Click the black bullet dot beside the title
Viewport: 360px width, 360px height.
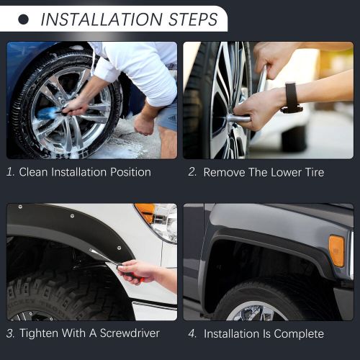click(x=23, y=19)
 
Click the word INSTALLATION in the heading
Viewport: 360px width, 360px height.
click(x=102, y=19)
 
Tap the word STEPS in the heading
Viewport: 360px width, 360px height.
click(x=193, y=19)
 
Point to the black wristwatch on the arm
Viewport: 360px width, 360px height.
click(x=292, y=97)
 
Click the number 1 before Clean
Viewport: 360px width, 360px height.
click(x=10, y=172)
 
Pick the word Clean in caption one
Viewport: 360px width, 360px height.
click(x=33, y=172)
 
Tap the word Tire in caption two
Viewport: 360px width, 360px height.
click(x=315, y=172)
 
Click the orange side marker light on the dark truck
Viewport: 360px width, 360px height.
click(x=337, y=251)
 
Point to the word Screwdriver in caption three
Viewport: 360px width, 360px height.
click(x=130, y=333)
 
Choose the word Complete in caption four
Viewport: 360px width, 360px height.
click(x=299, y=333)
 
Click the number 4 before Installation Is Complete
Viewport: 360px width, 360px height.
click(x=192, y=333)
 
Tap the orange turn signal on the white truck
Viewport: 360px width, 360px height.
click(x=145, y=211)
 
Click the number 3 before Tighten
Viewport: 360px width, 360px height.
click(x=10, y=333)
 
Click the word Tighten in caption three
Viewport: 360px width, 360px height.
click(x=39, y=333)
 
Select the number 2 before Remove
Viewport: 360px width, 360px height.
click(x=192, y=172)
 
